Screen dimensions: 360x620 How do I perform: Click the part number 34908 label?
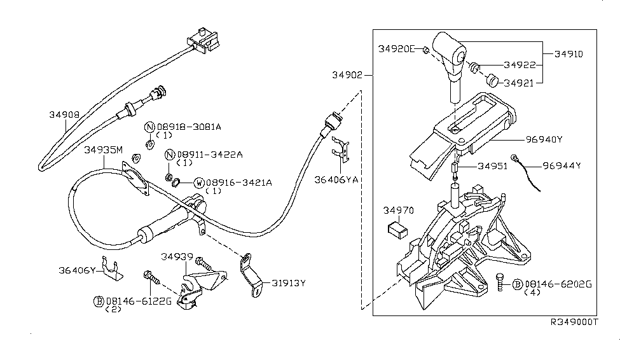(x=64, y=115)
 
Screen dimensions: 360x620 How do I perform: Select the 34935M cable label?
(x=103, y=151)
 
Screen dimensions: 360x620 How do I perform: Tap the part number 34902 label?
(x=347, y=74)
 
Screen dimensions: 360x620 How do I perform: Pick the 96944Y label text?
(x=562, y=167)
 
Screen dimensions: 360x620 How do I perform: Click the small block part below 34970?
(x=397, y=228)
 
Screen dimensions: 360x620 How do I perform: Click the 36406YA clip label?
(x=336, y=180)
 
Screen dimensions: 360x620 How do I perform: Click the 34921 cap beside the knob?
(x=492, y=80)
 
